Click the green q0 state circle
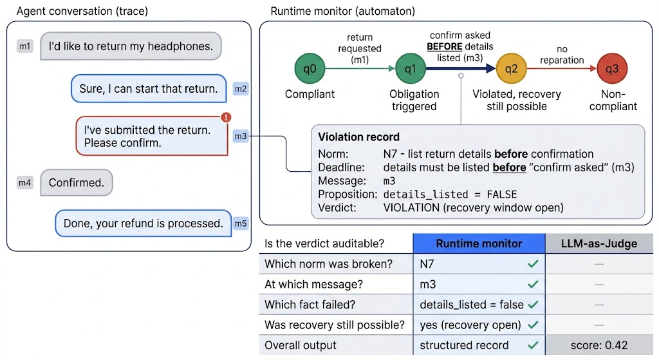click(x=310, y=68)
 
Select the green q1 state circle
click(x=411, y=68)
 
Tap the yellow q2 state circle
click(x=512, y=68)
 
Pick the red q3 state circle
click(x=612, y=68)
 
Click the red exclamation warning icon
click(x=226, y=117)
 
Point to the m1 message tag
click(x=25, y=46)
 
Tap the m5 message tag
click(x=241, y=223)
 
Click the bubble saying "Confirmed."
click(x=77, y=182)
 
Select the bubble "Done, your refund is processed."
click(x=144, y=223)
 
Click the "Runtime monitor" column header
click(x=479, y=243)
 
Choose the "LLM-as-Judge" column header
click(x=599, y=243)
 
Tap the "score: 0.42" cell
click(x=599, y=345)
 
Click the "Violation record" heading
click(x=358, y=137)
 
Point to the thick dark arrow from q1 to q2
click(x=461, y=68)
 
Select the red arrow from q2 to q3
click(x=562, y=68)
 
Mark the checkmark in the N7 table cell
click(x=533, y=264)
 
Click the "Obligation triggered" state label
click(x=414, y=100)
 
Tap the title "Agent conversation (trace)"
click(x=82, y=11)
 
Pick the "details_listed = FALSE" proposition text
click(x=450, y=194)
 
